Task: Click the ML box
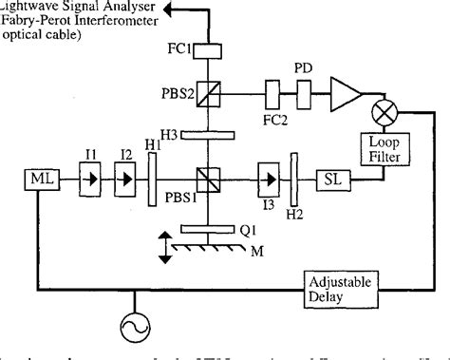(x=40, y=178)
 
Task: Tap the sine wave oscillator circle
(x=132, y=330)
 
